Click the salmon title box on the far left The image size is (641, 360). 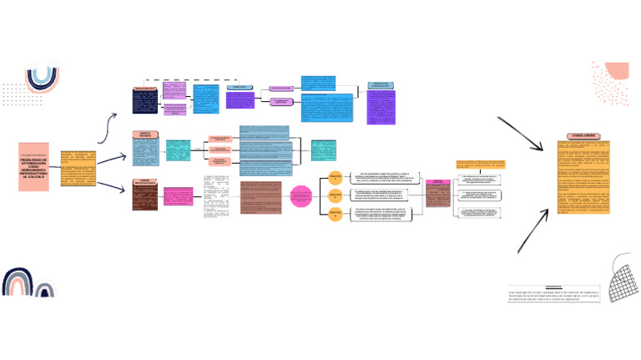point(34,166)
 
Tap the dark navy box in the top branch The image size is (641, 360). point(145,104)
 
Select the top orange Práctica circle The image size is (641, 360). point(334,178)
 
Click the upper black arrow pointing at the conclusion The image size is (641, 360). point(522,134)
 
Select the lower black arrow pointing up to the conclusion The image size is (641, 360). point(532,229)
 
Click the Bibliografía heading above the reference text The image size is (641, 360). point(575,285)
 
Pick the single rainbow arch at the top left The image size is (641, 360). point(42,79)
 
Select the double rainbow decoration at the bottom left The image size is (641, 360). point(28,283)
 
